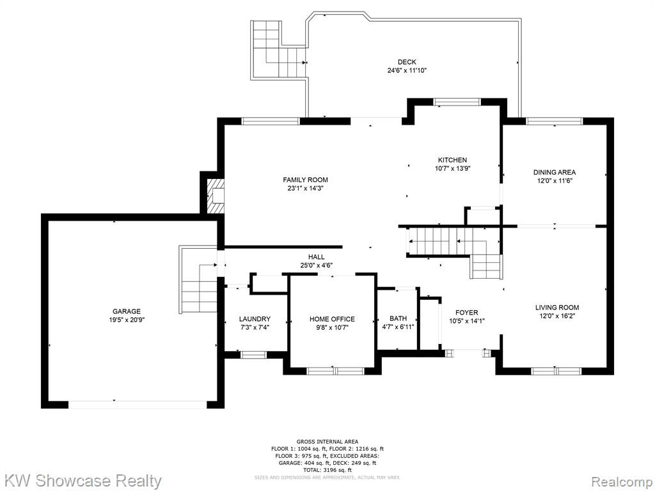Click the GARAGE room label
127,311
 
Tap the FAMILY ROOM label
305,180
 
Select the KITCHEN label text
452,160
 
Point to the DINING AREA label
555,172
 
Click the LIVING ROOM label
557,308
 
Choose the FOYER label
466,312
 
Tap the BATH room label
398,318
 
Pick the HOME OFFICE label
332,319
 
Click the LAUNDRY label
255,319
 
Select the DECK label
407,62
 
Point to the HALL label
316,257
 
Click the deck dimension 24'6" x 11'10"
407,70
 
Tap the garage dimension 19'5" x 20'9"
127,320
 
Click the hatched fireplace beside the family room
216,196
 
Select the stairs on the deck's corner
279,49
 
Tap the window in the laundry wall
253,355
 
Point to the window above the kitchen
457,102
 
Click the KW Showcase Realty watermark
81,481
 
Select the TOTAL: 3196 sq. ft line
327,470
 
